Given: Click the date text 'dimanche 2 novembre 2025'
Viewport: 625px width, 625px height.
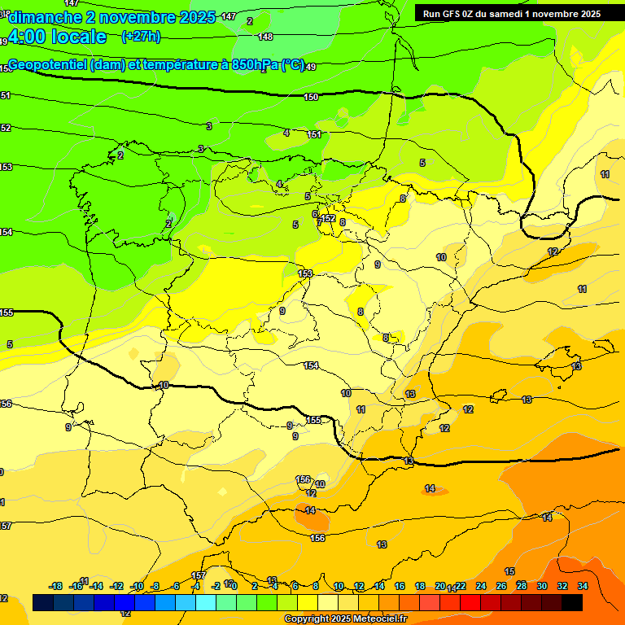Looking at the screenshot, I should [112, 17].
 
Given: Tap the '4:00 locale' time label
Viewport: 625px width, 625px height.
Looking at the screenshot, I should [57, 37].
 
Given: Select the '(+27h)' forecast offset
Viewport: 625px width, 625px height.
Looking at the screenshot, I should [141, 37].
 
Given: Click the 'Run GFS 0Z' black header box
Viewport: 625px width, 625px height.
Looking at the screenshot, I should [512, 13].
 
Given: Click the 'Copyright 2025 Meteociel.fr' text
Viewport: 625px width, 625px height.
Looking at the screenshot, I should [344, 619].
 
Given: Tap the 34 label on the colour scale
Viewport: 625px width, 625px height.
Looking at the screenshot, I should [583, 586].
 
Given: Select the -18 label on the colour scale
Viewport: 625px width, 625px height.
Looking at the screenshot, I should [56, 586].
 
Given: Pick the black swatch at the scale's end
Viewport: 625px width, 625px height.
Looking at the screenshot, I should [572, 602].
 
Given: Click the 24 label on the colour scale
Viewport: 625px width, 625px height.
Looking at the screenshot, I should [481, 586].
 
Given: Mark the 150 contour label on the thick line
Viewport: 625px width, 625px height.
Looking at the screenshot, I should [311, 98].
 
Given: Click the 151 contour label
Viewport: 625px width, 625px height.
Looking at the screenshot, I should [315, 134].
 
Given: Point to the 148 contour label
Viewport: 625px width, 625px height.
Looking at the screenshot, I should [265, 37].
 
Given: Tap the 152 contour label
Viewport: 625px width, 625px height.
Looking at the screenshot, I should [329, 218].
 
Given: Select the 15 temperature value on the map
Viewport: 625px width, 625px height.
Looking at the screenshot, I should [509, 571].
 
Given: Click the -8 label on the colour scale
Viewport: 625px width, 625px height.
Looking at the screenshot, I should [155, 586].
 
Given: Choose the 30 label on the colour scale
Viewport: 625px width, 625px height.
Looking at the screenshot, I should [542, 586].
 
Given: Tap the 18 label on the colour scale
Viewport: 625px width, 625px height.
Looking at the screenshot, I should [420, 586].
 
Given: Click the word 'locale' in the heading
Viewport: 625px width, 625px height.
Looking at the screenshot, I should [79, 37].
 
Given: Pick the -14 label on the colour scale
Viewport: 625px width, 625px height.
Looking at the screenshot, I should [96, 586].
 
